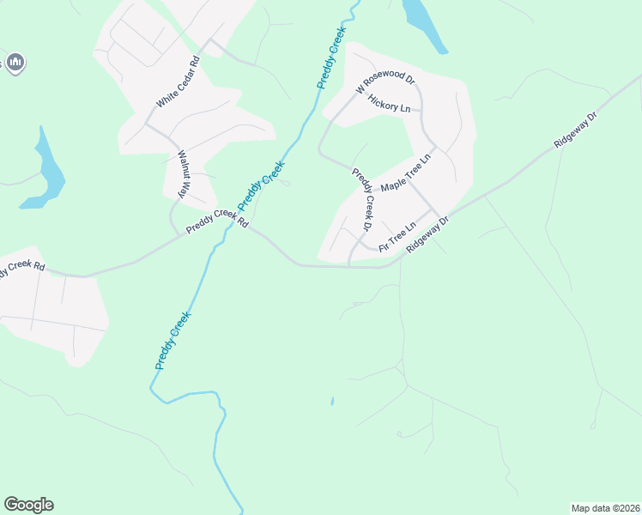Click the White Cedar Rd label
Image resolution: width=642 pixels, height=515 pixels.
point(178,82)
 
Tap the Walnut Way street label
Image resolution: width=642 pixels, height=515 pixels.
point(183,175)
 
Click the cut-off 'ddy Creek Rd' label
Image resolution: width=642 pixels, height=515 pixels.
point(22,269)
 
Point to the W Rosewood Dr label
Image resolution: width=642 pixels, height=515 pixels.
point(386,83)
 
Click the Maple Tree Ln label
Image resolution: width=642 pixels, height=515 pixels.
point(409,174)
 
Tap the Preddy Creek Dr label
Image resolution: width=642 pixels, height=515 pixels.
point(364,199)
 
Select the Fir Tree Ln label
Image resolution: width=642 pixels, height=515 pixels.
point(397,236)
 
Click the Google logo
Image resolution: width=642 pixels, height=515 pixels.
point(28,505)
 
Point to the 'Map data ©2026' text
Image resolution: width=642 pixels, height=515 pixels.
point(605,508)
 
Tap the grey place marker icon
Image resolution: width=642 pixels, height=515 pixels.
point(15,62)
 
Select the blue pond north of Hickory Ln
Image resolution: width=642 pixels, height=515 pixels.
point(425,23)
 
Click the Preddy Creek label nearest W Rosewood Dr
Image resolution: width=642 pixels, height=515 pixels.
point(331,58)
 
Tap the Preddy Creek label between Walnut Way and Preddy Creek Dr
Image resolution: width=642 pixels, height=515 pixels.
point(261,185)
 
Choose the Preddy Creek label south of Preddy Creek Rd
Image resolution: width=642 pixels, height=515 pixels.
point(173,341)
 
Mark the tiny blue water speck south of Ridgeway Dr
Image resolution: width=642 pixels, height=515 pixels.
point(332,400)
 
